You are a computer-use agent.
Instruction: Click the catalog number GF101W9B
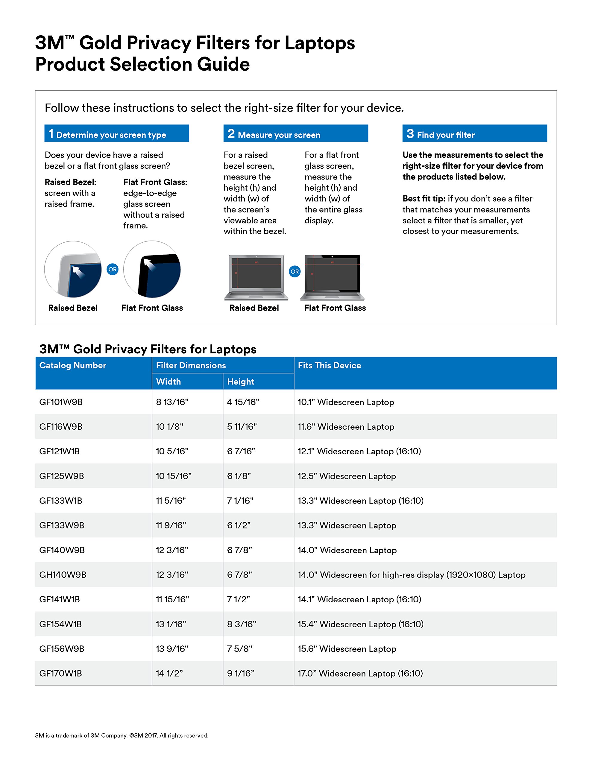(x=61, y=402)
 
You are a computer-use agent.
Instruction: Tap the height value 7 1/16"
(x=240, y=501)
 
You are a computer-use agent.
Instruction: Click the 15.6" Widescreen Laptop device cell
(x=347, y=648)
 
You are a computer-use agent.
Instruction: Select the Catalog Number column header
(x=73, y=365)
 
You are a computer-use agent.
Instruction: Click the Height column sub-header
(x=240, y=382)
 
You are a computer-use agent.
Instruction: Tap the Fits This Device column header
(x=329, y=365)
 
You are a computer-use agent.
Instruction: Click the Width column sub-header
(x=169, y=382)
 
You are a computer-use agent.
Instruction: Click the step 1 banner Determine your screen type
(x=116, y=134)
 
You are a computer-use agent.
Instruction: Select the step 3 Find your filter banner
(x=474, y=134)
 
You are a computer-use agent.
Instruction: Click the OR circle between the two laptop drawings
(x=295, y=271)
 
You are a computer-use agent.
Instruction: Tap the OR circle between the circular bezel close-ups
(x=112, y=269)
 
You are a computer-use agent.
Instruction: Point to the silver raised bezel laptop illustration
(x=256, y=277)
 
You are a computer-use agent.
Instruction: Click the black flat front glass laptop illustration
(x=332, y=277)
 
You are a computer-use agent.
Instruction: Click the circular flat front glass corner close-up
(x=152, y=269)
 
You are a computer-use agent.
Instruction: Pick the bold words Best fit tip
(x=423, y=198)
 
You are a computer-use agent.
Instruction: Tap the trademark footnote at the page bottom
(x=122, y=735)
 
